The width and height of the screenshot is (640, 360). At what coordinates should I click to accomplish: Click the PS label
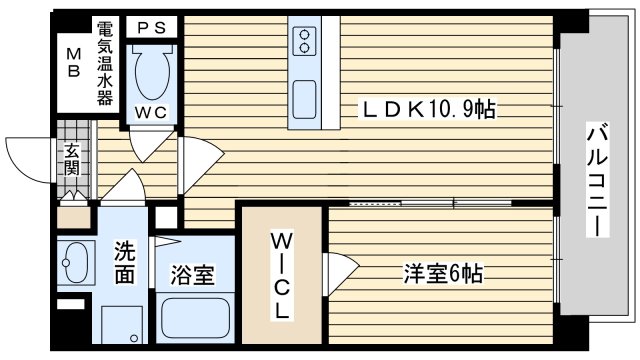pyautogui.click(x=151, y=28)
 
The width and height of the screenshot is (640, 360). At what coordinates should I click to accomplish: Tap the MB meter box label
pyautogui.click(x=74, y=62)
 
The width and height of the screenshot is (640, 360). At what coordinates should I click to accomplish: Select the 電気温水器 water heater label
pyautogui.click(x=104, y=63)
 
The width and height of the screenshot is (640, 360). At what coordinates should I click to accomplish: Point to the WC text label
pyautogui.click(x=151, y=113)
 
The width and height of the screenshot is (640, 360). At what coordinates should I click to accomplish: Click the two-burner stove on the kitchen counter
pyautogui.click(x=304, y=41)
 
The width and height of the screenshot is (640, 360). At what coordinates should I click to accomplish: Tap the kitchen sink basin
pyautogui.click(x=304, y=100)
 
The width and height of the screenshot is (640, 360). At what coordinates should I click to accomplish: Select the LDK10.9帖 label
pyautogui.click(x=428, y=109)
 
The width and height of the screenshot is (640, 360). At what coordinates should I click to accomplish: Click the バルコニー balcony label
pyautogui.click(x=597, y=179)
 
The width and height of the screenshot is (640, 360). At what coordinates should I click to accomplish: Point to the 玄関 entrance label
pyautogui.click(x=72, y=159)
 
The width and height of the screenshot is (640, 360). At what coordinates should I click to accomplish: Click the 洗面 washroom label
pyautogui.click(x=124, y=262)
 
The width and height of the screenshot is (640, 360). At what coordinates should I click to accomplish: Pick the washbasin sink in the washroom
pyautogui.click(x=76, y=262)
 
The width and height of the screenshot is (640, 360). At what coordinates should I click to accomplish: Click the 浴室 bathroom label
pyautogui.click(x=192, y=275)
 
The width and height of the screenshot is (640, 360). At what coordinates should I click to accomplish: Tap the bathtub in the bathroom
pyautogui.click(x=195, y=318)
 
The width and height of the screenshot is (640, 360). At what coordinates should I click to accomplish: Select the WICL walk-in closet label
pyautogui.click(x=281, y=276)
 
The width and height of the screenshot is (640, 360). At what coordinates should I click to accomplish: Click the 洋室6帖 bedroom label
pyautogui.click(x=443, y=273)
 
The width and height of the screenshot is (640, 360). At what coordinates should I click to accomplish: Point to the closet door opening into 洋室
pyautogui.click(x=341, y=273)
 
